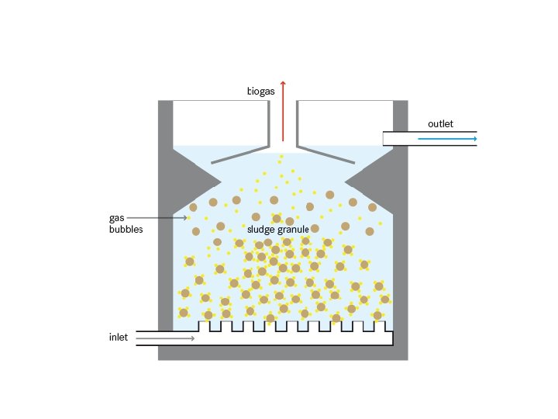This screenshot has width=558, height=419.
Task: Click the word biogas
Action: [x=260, y=92]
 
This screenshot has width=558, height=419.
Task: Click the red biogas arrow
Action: [x=283, y=109]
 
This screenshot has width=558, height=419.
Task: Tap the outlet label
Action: [x=440, y=124]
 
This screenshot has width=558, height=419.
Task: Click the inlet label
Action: [x=119, y=338]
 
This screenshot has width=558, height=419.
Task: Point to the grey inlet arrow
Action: [x=166, y=338]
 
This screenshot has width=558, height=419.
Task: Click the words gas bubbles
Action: [x=126, y=223]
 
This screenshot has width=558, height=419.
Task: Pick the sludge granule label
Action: [x=278, y=229]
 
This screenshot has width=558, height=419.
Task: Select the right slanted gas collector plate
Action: [x=326, y=153]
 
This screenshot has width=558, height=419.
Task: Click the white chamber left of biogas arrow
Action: [x=221, y=123]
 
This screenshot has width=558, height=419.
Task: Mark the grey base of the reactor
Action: [x=283, y=353]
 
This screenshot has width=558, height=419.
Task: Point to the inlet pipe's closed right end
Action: [x=391, y=338]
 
